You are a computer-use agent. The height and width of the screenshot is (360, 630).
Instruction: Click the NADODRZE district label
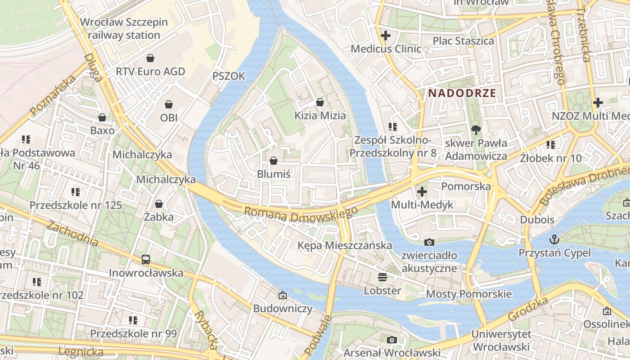click(x=462, y=93)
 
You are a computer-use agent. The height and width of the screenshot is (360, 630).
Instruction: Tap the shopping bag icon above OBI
click(x=169, y=104)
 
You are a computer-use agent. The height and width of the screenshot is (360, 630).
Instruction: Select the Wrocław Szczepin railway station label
click(x=124, y=28)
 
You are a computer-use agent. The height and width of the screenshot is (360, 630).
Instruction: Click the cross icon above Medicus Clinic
click(x=386, y=35)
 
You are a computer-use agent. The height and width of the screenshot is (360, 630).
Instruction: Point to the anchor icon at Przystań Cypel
click(x=555, y=239)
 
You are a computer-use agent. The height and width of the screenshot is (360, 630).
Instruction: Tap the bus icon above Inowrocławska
click(x=146, y=259)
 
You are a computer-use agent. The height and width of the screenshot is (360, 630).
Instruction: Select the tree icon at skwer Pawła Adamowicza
click(x=475, y=130)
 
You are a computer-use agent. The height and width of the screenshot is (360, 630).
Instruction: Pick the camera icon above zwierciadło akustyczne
click(x=429, y=242)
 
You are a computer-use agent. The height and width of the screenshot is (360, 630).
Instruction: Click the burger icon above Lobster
click(x=382, y=277)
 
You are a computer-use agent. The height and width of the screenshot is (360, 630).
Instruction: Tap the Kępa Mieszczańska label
click(x=345, y=245)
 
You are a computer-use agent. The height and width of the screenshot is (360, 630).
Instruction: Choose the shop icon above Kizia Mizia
click(x=320, y=102)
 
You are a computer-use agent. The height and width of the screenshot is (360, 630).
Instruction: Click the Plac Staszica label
click(x=463, y=41)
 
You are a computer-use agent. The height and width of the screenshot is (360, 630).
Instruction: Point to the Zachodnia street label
click(x=72, y=233)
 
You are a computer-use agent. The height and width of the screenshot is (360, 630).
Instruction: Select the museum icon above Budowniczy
click(x=283, y=295)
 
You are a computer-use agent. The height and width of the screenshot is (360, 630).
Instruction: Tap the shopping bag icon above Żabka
click(x=158, y=204)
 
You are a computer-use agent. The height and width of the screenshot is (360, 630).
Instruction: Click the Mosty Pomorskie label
click(x=469, y=294)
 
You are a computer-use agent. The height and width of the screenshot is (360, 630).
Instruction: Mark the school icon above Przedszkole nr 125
click(x=76, y=192)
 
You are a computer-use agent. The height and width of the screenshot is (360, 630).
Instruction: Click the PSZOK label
click(x=229, y=76)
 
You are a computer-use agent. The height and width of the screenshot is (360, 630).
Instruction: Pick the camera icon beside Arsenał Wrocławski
click(x=392, y=340)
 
